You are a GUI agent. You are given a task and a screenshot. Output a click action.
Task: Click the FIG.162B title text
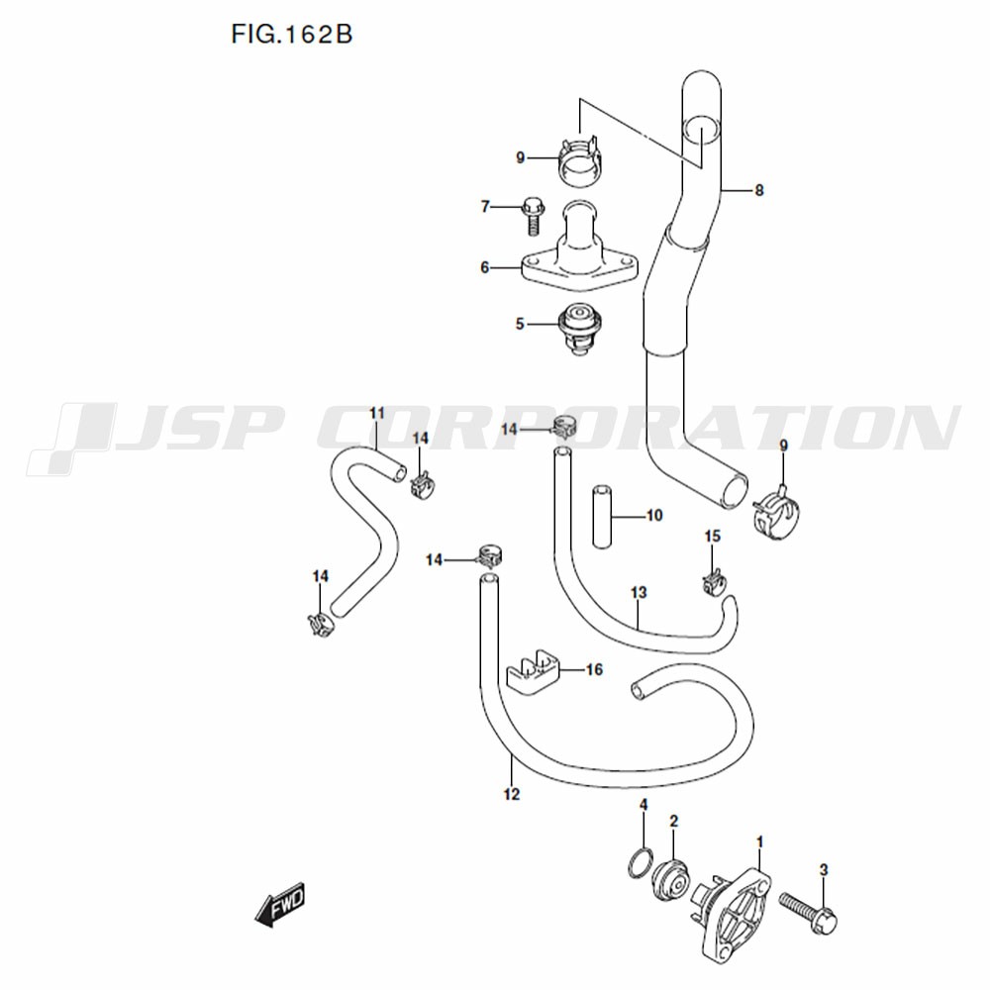pos(291,34)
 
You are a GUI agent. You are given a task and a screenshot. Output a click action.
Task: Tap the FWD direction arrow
pos(280,904)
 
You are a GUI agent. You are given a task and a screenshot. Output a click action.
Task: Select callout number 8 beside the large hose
pos(759,190)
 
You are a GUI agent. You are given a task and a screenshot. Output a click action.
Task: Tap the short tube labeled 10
pos(602,517)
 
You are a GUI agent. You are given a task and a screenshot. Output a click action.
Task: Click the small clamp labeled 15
pos(712,581)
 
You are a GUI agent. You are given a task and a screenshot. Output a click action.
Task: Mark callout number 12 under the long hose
pos(512,794)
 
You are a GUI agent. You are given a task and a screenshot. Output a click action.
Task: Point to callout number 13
pos(639,593)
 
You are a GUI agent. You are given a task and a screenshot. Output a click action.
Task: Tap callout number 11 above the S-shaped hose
pos(377,414)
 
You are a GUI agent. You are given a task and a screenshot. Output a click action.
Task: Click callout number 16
pos(594,669)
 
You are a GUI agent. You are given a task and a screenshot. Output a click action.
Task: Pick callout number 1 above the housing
pos(760,842)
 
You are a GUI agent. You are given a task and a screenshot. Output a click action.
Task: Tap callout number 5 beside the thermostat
pos(520,324)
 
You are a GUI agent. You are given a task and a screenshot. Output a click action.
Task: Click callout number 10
pos(654,516)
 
